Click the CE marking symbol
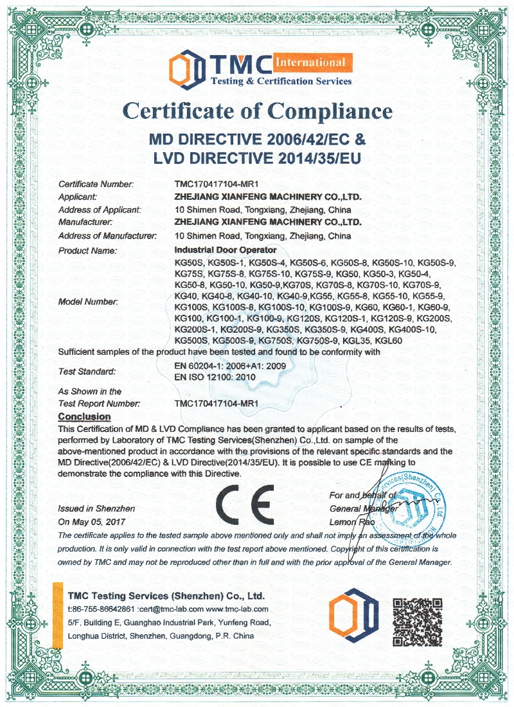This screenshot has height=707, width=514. pyautogui.click(x=245, y=502)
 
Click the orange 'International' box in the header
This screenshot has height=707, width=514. pyautogui.click(x=310, y=62)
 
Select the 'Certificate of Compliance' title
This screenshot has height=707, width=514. pyautogui.click(x=257, y=111)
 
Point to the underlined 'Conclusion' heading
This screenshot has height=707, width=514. pyautogui.click(x=84, y=417)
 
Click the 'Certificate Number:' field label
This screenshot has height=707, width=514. pyautogui.click(x=96, y=185)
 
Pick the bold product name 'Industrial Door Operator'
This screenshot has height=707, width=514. pyautogui.click(x=226, y=249)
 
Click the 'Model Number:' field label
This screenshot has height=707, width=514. pyautogui.click(x=88, y=301)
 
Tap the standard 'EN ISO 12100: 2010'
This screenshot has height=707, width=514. pyautogui.click(x=215, y=377)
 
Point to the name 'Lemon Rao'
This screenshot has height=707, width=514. pyautogui.click(x=351, y=522)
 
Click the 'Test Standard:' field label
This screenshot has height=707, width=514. pyautogui.click(x=87, y=371)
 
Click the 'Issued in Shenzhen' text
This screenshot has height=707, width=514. pyautogui.click(x=87, y=508)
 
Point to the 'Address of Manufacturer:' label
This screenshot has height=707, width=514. pyautogui.click(x=107, y=236)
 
